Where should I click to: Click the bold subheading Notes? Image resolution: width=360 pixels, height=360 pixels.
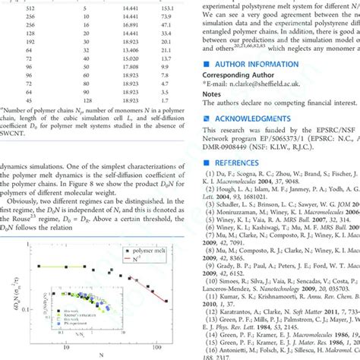tap(211, 97)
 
